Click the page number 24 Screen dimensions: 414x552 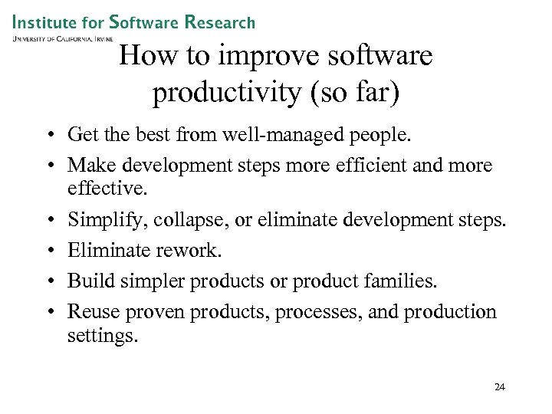point(499,387)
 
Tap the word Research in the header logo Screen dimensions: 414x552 point(219,21)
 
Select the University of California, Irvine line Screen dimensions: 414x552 point(63,38)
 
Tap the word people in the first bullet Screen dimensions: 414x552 point(386,136)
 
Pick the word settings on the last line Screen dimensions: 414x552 point(103,335)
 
